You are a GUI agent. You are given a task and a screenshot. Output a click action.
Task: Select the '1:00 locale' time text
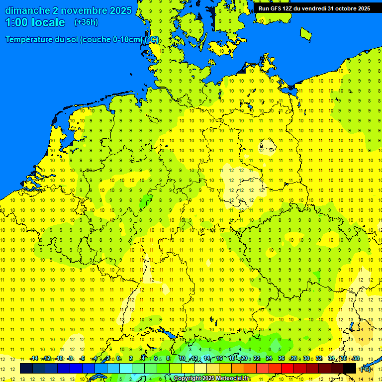tap(35, 22)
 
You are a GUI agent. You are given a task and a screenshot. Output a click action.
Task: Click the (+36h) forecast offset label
tap(86, 22)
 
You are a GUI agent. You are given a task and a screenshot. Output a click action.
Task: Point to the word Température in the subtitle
tap(31, 39)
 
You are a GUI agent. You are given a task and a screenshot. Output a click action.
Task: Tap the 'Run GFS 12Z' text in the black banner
tap(277, 8)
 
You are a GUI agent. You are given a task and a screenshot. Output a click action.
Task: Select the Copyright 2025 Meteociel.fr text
tap(212, 379)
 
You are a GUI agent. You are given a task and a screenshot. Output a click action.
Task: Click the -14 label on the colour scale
tap(34, 359)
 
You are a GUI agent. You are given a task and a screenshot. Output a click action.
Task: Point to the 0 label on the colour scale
tap(119, 359)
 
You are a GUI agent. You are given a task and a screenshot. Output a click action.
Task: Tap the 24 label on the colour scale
tap(269, 359)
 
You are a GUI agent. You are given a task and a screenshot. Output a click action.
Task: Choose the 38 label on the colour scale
tap(356, 359)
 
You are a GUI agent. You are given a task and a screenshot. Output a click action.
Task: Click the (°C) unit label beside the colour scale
tap(366, 369)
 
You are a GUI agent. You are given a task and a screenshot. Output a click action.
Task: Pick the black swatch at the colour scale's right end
tap(350, 368)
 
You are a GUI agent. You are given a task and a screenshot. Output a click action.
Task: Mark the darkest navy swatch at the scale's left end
tap(26, 368)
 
